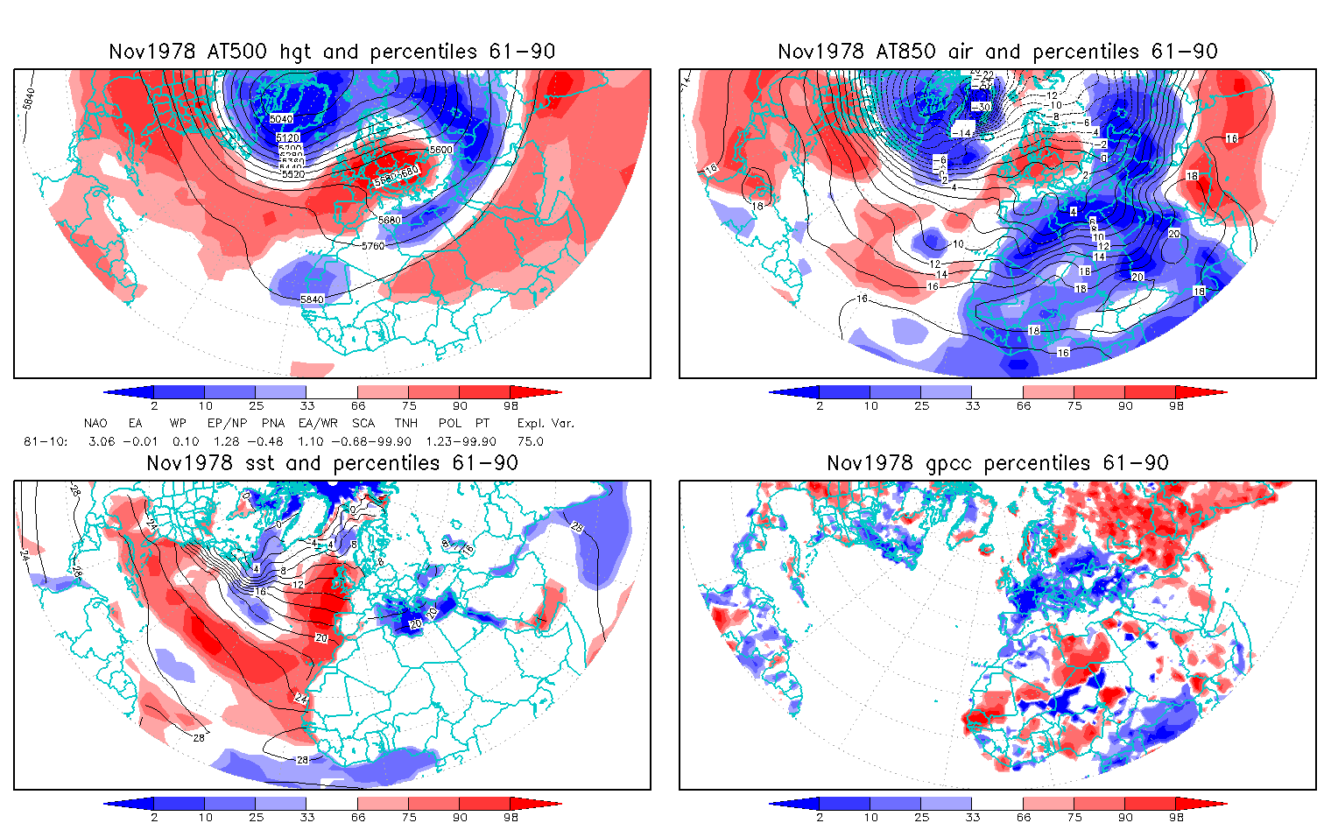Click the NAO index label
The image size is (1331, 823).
[95, 423]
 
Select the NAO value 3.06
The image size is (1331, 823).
[102, 441]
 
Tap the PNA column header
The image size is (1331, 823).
[273, 423]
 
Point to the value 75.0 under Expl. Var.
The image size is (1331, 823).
[530, 441]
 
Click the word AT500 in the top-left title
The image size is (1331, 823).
[239, 52]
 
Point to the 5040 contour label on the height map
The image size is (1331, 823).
[281, 119]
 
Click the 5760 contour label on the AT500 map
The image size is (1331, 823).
[373, 246]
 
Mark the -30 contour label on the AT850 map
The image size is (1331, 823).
[982, 107]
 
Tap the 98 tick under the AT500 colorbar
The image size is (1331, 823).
[511, 405]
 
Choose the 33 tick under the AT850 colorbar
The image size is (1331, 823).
[971, 405]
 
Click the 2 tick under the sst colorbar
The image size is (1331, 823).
[154, 817]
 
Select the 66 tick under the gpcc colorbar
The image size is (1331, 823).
[1024, 817]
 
